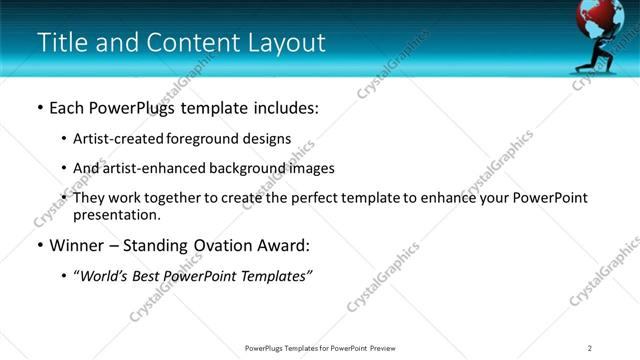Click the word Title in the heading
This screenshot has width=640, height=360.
click(x=62, y=43)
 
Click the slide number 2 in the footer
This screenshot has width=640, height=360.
click(x=590, y=348)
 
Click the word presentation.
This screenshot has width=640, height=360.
click(x=116, y=214)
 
